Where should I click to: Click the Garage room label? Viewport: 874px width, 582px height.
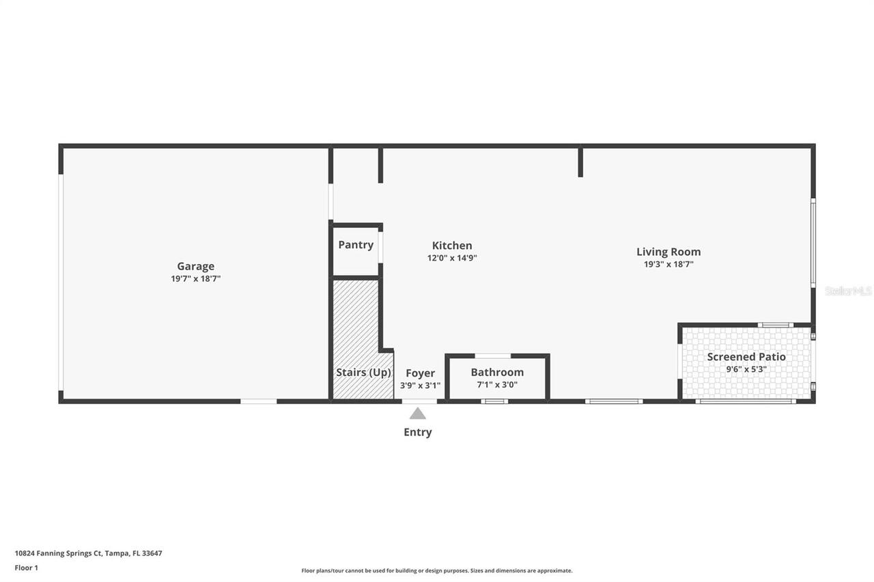pyautogui.click(x=196, y=267)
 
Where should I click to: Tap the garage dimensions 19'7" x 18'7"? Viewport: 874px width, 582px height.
pyautogui.click(x=196, y=278)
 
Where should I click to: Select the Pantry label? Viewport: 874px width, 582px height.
pyautogui.click(x=356, y=245)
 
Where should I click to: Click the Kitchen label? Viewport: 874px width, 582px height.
pyautogui.click(x=452, y=246)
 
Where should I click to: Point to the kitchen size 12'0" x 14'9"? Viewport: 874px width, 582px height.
pyautogui.click(x=452, y=258)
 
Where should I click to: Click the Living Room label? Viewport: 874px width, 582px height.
pyautogui.click(x=668, y=252)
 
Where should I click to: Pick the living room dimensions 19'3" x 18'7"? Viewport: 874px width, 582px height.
pyautogui.click(x=668, y=264)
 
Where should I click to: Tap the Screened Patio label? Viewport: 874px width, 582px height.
pyautogui.click(x=746, y=357)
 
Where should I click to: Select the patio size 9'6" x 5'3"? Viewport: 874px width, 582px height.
pyautogui.click(x=746, y=369)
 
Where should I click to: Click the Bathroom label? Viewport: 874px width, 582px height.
pyautogui.click(x=497, y=373)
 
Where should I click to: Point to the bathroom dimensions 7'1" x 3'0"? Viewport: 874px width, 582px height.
pyautogui.click(x=497, y=385)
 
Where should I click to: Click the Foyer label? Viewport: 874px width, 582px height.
pyautogui.click(x=420, y=373)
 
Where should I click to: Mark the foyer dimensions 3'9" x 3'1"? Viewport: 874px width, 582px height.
pyautogui.click(x=420, y=385)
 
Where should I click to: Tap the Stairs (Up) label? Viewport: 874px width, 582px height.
pyautogui.click(x=363, y=373)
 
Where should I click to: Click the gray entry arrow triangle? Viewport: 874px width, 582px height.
pyautogui.click(x=418, y=413)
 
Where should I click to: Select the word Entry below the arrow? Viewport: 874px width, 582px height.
pyautogui.click(x=418, y=432)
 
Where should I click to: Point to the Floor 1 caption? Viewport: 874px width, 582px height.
pyautogui.click(x=27, y=568)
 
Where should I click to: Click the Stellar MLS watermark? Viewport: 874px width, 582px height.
pyautogui.click(x=848, y=291)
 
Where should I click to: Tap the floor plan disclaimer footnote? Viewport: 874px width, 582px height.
pyautogui.click(x=437, y=570)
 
